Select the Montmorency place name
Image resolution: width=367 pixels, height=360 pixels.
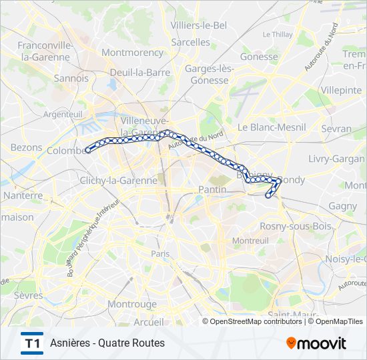click(x=132, y=52)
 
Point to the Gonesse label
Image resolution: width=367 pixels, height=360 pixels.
click(x=258, y=57)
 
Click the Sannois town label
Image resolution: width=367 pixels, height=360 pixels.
click(x=71, y=78)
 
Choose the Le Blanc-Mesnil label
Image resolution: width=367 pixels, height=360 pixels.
click(x=272, y=127)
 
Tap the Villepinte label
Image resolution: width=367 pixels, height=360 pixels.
click(x=340, y=89)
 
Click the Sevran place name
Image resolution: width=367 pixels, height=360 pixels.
click(x=336, y=128)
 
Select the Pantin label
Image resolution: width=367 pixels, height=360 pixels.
click(x=213, y=190)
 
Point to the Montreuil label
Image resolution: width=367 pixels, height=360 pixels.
click(x=250, y=240)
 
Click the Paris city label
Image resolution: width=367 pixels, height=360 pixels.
click(x=160, y=254)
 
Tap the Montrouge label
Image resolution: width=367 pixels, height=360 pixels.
click(x=132, y=304)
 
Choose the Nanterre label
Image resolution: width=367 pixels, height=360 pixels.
click(x=23, y=196)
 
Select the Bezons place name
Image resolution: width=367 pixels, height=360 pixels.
click(x=27, y=147)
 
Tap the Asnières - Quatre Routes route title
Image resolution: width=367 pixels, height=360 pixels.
click(x=107, y=343)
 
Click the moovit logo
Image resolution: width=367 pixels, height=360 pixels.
click(x=316, y=343)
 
